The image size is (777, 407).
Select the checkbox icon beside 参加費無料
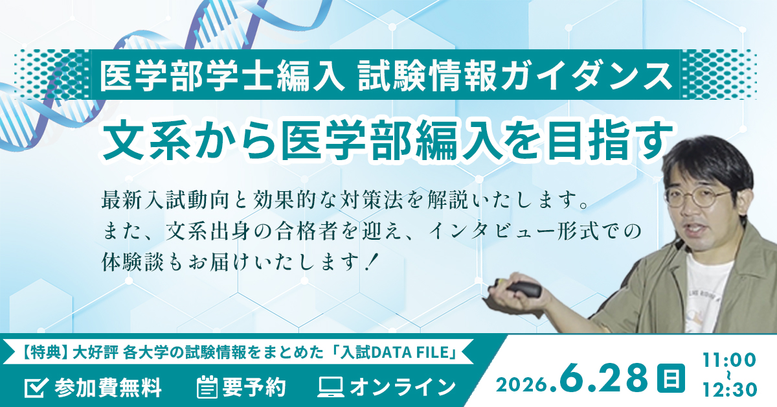click(33, 387)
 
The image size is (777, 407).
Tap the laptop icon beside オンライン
click(330, 387)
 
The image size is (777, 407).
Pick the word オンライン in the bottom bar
click(402, 388)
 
